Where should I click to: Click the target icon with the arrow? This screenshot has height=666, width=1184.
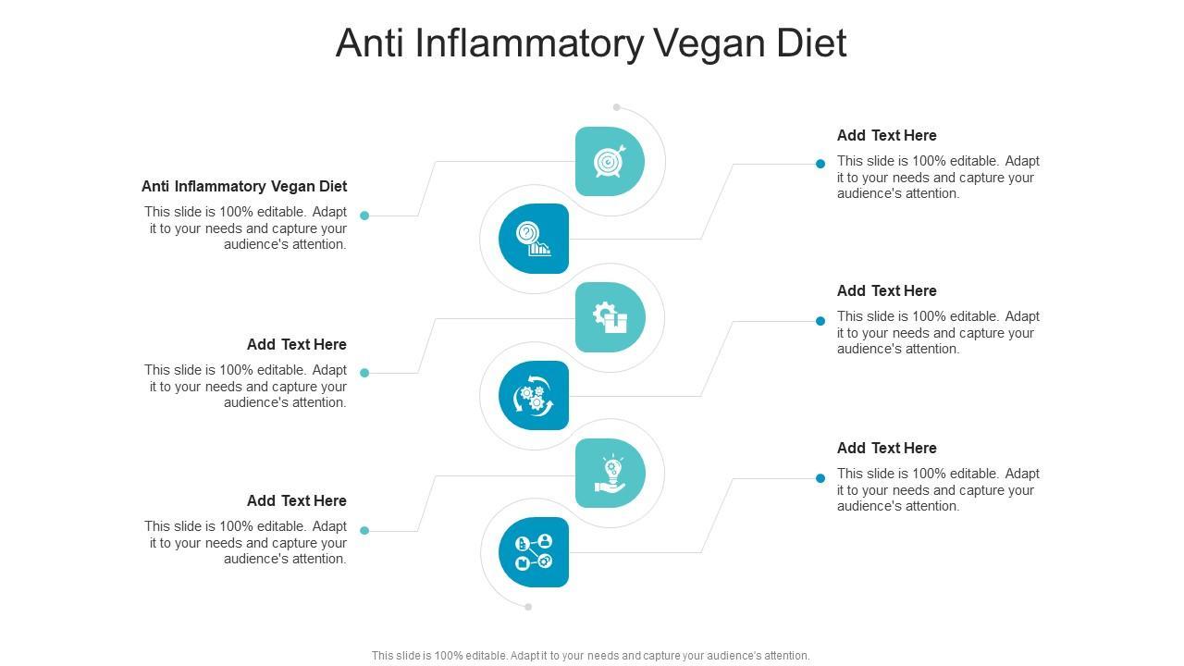point(609,162)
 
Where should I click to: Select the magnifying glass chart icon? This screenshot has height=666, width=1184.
point(534,239)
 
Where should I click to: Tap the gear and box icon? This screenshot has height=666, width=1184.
point(610,317)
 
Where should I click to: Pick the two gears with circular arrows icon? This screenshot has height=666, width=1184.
point(534,396)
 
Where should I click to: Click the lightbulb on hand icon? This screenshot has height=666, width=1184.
point(610,474)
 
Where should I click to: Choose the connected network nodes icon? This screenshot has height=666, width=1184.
point(534,552)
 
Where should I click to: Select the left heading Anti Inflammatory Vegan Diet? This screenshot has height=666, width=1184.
point(244,186)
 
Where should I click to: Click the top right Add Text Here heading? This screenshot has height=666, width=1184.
point(886,135)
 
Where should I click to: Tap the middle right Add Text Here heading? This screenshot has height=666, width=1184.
point(886,290)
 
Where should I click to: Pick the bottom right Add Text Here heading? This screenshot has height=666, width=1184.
point(886,448)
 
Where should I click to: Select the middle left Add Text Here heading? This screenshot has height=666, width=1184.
point(296,344)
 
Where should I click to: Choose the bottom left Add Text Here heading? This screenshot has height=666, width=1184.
point(296,500)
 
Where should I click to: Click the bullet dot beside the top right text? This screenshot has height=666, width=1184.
point(820,164)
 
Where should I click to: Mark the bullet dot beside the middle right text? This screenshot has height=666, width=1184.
point(820,321)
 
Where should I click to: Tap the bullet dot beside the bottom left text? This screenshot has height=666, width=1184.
point(364,531)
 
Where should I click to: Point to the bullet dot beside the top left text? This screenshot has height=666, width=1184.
point(364,216)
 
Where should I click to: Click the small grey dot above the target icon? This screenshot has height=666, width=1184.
point(617,107)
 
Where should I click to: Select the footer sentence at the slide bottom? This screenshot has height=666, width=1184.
point(590,656)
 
